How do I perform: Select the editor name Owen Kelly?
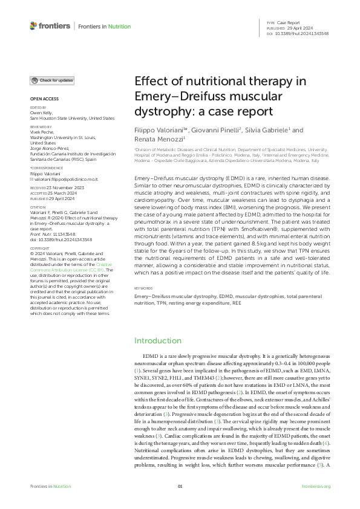point(41,114)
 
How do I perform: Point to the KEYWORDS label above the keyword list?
point(143,305)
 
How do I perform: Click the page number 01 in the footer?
point(180,486)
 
